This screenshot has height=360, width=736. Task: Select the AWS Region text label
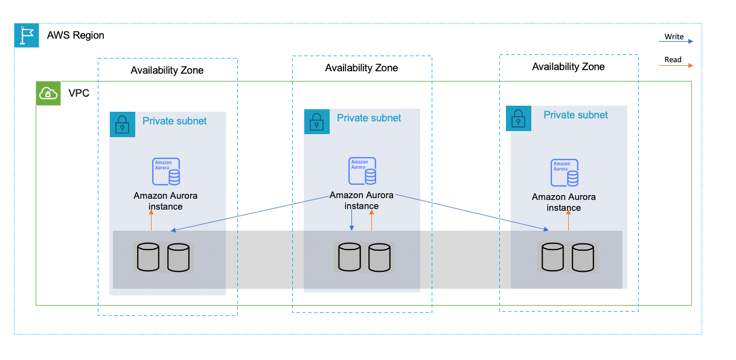75,35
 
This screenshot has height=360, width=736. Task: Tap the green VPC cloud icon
48,94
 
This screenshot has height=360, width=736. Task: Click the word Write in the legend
674,37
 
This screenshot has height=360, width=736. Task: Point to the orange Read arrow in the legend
676,65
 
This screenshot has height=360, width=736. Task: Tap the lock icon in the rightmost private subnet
519,118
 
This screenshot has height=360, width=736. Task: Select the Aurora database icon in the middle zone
362,171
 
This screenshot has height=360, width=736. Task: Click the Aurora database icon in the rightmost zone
565,173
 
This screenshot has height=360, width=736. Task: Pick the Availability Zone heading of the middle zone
361,68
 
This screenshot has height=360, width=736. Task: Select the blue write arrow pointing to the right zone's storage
471,212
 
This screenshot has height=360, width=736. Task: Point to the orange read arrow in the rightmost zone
568,222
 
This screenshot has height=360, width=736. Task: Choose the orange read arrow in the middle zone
371,221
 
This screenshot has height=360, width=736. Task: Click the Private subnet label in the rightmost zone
575,115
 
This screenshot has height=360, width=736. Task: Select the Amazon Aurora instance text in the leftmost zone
165,201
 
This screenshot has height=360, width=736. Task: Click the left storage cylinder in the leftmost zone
148,257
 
